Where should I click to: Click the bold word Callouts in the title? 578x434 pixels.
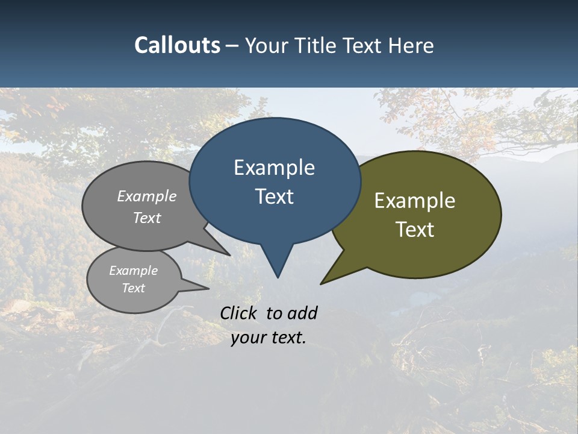coord(177,46)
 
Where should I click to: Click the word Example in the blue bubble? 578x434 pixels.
coord(274,168)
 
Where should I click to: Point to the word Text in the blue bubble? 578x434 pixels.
coord(275,197)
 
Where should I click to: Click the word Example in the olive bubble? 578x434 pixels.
coord(415,201)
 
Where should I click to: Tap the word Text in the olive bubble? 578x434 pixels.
coord(415,230)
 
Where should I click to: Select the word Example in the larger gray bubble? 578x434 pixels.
coord(147,196)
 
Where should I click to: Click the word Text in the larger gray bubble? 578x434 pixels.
coord(147,218)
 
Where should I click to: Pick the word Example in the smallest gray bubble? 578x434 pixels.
coord(134,271)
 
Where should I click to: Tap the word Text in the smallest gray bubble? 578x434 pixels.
coord(134,288)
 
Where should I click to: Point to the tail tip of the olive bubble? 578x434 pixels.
coord(322,283)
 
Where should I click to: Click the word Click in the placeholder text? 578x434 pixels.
coord(240,313)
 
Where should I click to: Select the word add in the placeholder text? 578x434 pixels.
coord(302,313)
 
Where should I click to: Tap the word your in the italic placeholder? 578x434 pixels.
coord(247,338)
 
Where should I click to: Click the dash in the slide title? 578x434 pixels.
coord(232,46)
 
